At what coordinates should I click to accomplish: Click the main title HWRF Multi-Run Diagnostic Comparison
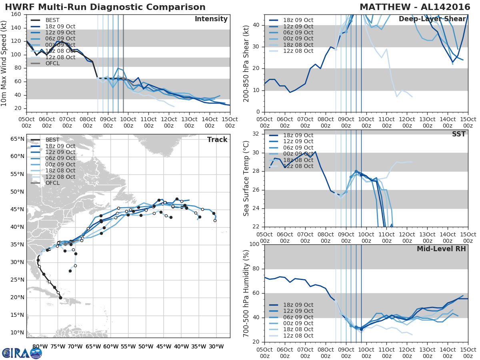pyautogui.click(x=105, y=7)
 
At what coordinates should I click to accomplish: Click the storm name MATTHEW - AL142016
pyautogui.click(x=414, y=7)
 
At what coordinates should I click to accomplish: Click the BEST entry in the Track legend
pyautogui.click(x=52, y=140)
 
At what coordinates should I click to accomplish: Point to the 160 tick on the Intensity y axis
pyautogui.click(x=16, y=14)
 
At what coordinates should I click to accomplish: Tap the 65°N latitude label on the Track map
pyautogui.click(x=17, y=139)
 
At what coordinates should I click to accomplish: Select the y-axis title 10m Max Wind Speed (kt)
pyautogui.click(x=4, y=63)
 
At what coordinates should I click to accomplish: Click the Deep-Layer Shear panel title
pyautogui.click(x=432, y=19)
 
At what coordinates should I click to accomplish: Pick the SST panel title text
pyautogui.click(x=458, y=134)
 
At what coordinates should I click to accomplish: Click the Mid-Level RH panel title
pyautogui.click(x=441, y=249)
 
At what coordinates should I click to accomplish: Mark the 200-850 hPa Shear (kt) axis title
pyautogui.click(x=246, y=63)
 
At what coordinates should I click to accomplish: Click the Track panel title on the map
pyautogui.click(x=217, y=140)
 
